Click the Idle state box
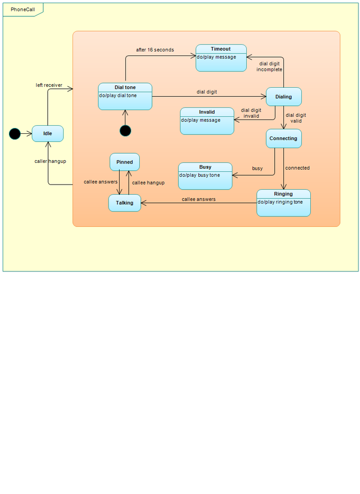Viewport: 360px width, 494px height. [x=48, y=134]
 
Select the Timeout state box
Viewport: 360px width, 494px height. [x=221, y=58]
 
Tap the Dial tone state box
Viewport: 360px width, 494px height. [x=125, y=96]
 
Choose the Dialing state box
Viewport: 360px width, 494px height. [x=283, y=97]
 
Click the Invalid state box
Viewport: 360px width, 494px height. [x=207, y=121]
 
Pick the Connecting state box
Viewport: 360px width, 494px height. [x=283, y=139]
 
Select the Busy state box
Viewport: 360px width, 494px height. [x=205, y=176]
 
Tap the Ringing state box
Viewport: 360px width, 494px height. [x=283, y=203]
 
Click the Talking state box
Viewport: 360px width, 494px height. [x=125, y=203]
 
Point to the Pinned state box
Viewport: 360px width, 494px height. [x=125, y=162]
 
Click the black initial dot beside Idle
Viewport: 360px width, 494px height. [x=15, y=134]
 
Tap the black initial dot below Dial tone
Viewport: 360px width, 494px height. [x=125, y=131]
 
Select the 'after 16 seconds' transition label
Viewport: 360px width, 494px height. [x=155, y=50]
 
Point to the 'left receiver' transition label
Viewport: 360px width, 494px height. [x=49, y=85]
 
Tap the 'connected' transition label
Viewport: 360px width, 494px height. [x=298, y=168]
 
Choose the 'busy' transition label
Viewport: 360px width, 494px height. [x=257, y=169]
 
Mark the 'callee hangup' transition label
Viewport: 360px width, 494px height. [x=148, y=182]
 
